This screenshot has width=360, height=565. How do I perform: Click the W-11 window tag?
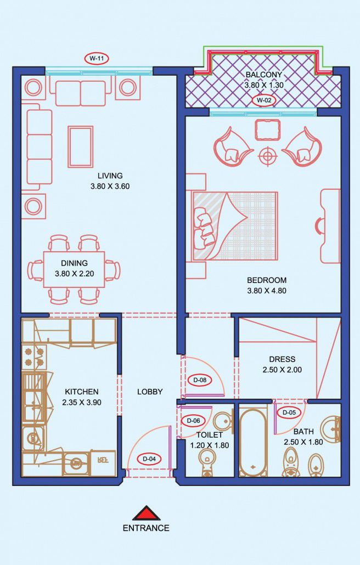point(96,58)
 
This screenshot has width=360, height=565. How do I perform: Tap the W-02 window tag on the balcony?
point(264,100)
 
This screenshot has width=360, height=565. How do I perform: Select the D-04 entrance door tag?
point(149,459)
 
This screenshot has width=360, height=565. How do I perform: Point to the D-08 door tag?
point(200,380)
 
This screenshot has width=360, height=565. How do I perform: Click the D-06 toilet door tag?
point(194,421)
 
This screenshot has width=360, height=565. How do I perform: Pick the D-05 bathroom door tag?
point(289,413)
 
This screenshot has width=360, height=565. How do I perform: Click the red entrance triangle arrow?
point(146,513)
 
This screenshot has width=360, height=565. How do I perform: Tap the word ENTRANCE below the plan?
point(146,528)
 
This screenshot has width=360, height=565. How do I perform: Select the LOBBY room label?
point(150,392)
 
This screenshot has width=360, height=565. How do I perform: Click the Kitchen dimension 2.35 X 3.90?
point(81,403)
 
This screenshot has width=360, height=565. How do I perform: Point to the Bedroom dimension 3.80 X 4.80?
point(267,291)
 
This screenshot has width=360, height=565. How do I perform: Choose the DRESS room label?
point(282,359)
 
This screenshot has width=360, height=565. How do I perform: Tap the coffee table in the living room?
point(80,146)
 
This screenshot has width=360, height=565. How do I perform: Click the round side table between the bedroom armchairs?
point(267,156)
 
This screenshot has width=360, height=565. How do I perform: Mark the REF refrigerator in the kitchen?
point(103,461)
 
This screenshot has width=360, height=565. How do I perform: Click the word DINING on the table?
point(74,263)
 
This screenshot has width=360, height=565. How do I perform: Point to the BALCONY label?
point(264,75)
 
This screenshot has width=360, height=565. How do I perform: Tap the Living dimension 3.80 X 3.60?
point(110,187)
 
